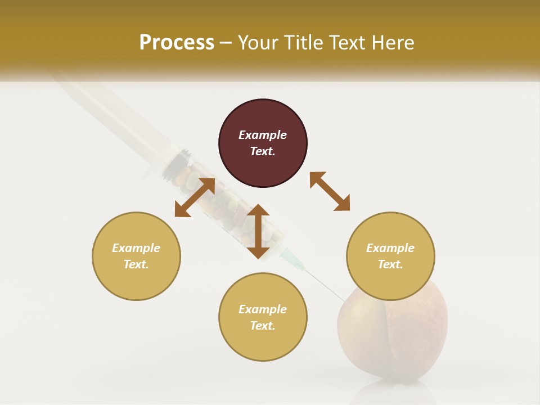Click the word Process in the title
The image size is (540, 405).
[177, 43]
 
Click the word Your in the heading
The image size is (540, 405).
[259, 43]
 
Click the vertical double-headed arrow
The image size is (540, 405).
[258, 231]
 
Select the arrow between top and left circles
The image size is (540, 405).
[195, 197]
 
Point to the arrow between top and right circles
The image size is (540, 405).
[330, 191]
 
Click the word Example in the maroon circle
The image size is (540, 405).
[263, 135]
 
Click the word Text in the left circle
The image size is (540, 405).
[136, 264]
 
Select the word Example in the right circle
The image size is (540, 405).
[390, 248]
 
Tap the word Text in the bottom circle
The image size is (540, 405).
[263, 326]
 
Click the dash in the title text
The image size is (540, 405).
[226, 43]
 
